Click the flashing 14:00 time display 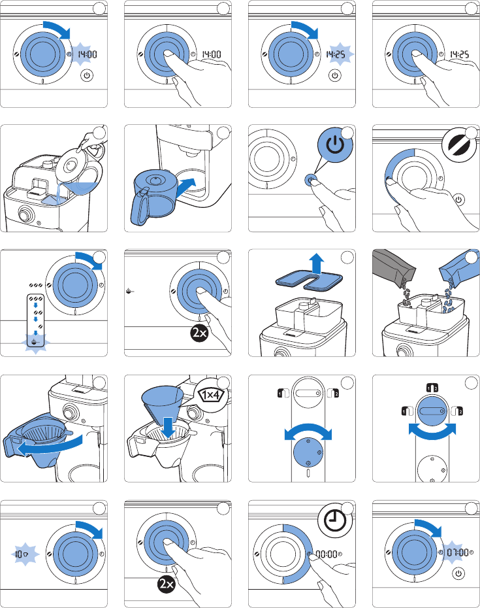point(87,54)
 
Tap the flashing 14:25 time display point(335,54)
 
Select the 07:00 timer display point(458,552)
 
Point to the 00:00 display point(326,554)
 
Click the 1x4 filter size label point(211,395)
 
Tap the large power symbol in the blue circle point(335,144)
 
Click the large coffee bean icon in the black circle point(459,144)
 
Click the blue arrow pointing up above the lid point(317,263)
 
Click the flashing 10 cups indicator point(21,554)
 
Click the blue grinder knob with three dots point(308,452)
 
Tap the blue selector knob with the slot point(432,411)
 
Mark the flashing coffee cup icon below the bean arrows point(35,342)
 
